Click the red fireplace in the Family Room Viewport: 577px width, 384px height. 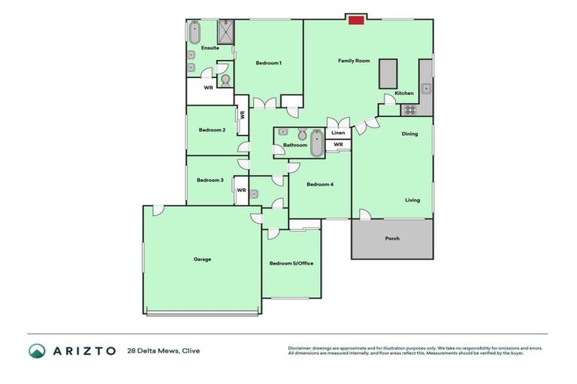(x=356, y=19)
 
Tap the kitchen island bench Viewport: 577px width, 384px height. (x=388, y=73)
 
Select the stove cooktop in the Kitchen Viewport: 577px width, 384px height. (x=410, y=109)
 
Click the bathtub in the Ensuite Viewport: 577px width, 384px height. (x=194, y=33)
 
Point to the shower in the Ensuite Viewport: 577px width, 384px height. (x=226, y=32)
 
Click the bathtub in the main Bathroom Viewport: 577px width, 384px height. (x=316, y=143)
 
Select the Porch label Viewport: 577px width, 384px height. (x=391, y=238)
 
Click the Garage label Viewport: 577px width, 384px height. (x=202, y=259)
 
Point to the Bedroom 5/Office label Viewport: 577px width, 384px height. (x=291, y=263)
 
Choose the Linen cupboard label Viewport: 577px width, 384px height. (x=338, y=133)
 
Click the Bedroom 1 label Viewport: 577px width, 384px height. (x=268, y=63)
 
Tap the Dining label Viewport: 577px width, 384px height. (x=409, y=134)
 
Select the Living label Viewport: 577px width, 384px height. (x=412, y=200)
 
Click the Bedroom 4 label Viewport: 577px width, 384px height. (x=319, y=184)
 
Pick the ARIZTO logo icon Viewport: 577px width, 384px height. (x=38, y=350)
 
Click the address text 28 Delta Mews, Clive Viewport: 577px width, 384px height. (x=165, y=350)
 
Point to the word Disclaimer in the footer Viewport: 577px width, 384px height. (x=301, y=348)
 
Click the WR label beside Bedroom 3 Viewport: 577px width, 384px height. (x=241, y=190)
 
